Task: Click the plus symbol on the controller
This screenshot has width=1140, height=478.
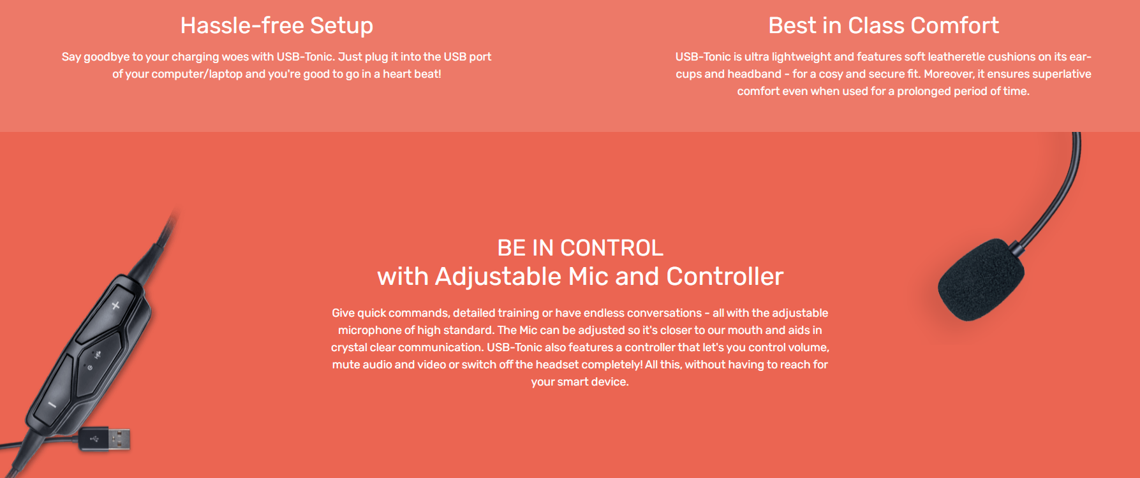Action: (115, 306)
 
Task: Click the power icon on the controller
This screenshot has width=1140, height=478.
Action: (90, 368)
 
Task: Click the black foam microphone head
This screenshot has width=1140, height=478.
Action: (981, 279)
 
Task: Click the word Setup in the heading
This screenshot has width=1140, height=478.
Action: (341, 26)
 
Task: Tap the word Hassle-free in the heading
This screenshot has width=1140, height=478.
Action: (242, 25)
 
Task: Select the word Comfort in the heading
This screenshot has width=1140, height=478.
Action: (955, 25)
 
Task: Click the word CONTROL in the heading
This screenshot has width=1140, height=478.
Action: (612, 248)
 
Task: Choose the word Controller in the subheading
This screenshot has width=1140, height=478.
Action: (725, 277)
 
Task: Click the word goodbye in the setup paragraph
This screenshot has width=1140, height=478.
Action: (107, 57)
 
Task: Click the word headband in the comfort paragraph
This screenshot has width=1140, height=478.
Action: (755, 74)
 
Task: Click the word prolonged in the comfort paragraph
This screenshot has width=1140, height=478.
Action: (923, 91)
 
